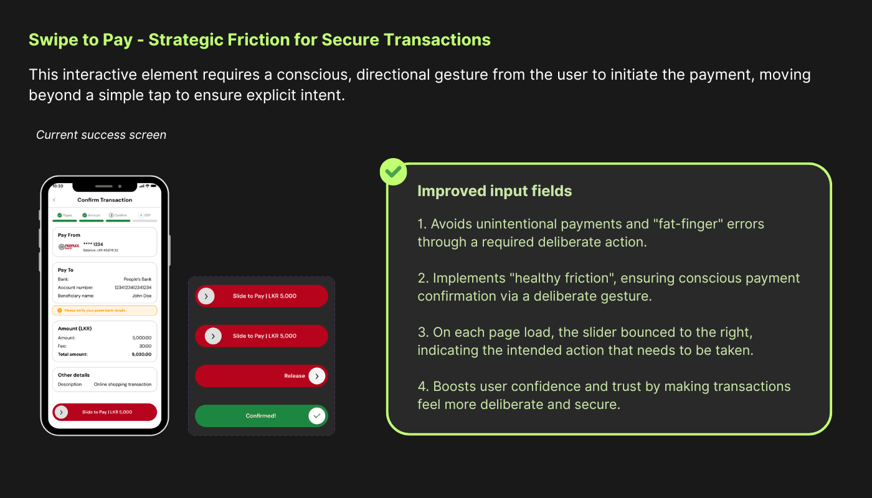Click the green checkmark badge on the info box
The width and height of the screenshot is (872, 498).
click(393, 172)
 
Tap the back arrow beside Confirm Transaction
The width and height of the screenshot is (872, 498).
click(54, 200)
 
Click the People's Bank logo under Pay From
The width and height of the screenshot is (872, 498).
click(69, 247)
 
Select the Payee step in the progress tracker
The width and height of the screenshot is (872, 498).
click(65, 215)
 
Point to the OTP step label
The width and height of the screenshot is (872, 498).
click(147, 215)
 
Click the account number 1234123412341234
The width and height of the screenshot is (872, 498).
click(133, 288)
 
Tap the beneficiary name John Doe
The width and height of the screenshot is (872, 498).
click(143, 296)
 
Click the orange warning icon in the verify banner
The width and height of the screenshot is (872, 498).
click(60, 310)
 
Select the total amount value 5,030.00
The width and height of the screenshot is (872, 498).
click(141, 354)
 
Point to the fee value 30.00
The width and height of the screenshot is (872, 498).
click(145, 346)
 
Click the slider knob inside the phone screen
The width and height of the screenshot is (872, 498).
click(61, 412)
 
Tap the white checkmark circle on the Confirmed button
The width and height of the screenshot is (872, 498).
click(317, 415)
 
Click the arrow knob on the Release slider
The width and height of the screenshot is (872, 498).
click(317, 376)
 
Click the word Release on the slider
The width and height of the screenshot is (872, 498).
click(295, 376)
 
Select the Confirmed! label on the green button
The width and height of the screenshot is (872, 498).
click(261, 415)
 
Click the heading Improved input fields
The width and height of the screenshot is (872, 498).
click(495, 191)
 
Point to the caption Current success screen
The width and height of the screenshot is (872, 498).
click(101, 135)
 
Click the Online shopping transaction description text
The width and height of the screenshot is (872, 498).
click(123, 385)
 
